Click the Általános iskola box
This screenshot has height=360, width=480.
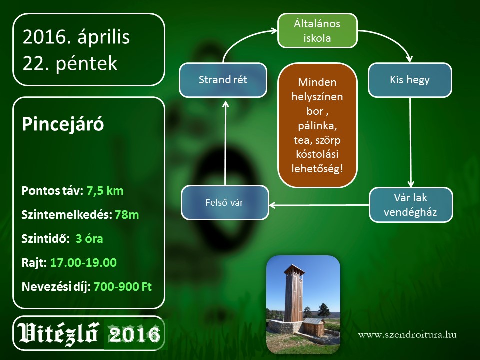coord(317,31)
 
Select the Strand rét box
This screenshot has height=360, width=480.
coord(223,80)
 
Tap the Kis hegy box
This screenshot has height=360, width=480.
coord(410,80)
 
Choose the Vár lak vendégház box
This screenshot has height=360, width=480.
coord(410,205)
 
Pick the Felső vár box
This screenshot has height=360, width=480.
coord(225,202)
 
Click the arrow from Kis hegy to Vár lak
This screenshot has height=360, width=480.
coord(410,142)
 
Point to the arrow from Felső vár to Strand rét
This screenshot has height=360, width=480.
coord(225,143)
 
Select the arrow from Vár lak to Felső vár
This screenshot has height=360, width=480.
coord(319,205)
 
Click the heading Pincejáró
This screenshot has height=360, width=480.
coord(63,124)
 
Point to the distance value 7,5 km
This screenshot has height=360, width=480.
coord(105,191)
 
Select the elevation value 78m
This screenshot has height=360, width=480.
coord(127,215)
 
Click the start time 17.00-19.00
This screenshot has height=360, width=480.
coord(83,263)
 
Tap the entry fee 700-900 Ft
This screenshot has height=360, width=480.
coord(123,287)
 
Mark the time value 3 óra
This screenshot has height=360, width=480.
coord(89,239)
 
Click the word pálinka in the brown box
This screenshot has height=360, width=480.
coord(318,126)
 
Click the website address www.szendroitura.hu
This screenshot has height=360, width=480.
coord(408,335)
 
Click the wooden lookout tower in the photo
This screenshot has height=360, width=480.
coord(294,294)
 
